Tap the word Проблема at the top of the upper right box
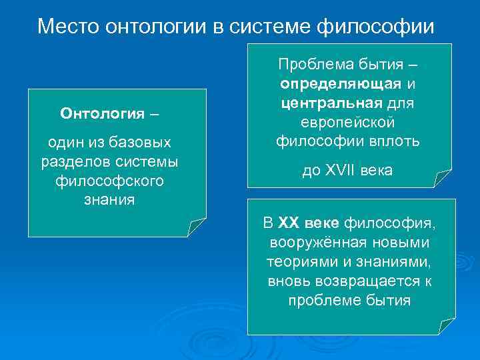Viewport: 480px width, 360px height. tap(309, 65)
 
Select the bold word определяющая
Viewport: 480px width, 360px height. tap(341, 85)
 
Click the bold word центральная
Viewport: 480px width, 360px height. tap(331, 104)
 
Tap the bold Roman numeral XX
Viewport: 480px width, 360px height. tap(291, 223)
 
